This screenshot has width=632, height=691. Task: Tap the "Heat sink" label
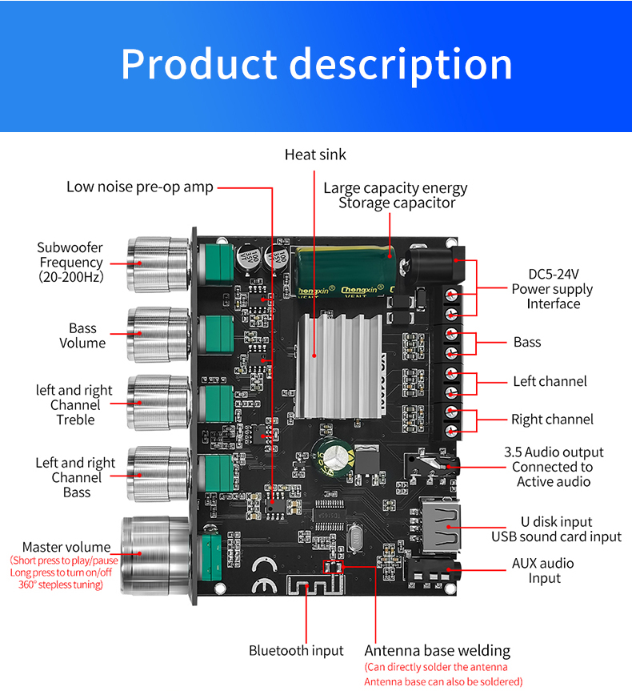point(315,155)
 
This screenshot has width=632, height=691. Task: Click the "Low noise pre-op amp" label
point(140,187)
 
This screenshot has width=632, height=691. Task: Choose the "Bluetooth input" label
point(296,651)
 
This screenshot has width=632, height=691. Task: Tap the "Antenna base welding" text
point(437,651)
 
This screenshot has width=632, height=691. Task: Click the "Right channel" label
point(552,420)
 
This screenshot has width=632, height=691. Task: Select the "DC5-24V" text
point(552,275)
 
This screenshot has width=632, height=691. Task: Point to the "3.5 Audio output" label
point(554,452)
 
